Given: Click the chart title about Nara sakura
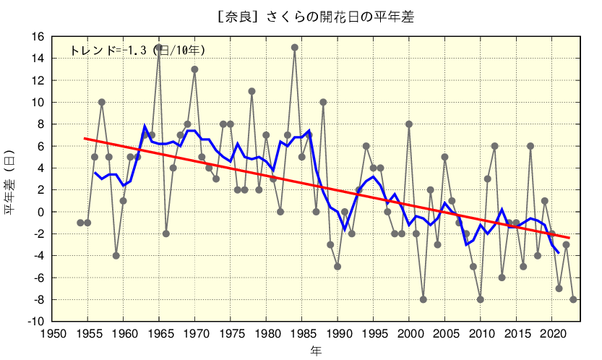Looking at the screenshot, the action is tap(316, 17).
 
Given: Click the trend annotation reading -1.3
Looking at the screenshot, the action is tap(137, 51).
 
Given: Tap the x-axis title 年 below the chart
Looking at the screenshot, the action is tap(316, 351).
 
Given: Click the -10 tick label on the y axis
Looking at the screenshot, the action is tap(37, 321).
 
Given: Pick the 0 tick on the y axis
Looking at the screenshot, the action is tap(42, 212).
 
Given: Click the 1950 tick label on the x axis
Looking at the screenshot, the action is tap(52, 333).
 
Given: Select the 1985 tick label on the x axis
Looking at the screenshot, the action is tap(302, 333).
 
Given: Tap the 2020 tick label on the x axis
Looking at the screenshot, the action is tap(551, 333).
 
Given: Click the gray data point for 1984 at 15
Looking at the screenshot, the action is tap(294, 48).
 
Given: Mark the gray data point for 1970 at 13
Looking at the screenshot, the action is tap(194, 69).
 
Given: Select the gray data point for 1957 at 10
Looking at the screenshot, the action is tap(102, 102).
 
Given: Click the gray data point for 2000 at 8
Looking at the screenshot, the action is tap(409, 124).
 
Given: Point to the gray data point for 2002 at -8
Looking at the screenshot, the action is tap(423, 299).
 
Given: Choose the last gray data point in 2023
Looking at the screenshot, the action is tap(573, 299).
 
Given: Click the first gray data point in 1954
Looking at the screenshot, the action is tap(80, 223).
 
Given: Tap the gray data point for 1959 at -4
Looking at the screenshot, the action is tap(116, 255).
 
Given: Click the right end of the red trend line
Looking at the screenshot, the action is tap(569, 238).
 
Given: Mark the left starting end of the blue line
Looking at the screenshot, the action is tap(95, 173).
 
